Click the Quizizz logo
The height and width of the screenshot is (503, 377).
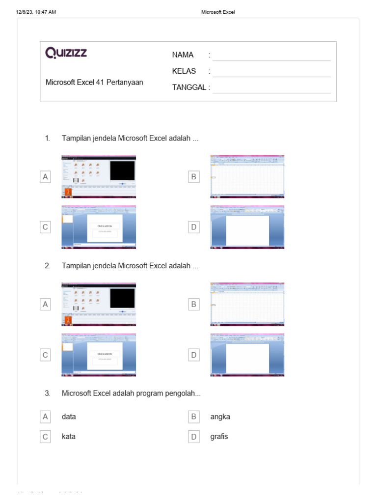66,53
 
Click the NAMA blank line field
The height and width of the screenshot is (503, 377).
271,56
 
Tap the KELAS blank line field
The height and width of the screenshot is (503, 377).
271,72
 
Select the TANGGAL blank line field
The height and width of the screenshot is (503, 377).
271,88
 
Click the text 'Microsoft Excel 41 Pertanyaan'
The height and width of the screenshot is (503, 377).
94,83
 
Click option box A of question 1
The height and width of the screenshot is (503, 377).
45,177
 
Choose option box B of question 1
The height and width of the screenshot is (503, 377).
193,177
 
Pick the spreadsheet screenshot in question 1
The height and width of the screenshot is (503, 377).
247,176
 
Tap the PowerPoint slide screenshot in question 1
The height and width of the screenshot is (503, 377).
99,226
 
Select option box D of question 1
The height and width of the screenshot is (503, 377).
193,227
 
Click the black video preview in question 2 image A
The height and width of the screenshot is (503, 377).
122,298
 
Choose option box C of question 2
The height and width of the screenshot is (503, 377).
45,355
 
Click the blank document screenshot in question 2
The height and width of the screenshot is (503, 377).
247,355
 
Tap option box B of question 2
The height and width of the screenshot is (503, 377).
193,305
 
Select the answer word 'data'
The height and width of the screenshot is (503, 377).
69,417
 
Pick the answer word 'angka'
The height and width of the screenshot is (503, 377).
220,417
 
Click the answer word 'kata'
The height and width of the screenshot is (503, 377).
69,437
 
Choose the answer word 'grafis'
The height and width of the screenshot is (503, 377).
219,437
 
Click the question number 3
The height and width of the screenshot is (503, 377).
47,393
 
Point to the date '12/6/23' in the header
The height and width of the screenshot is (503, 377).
25,12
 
